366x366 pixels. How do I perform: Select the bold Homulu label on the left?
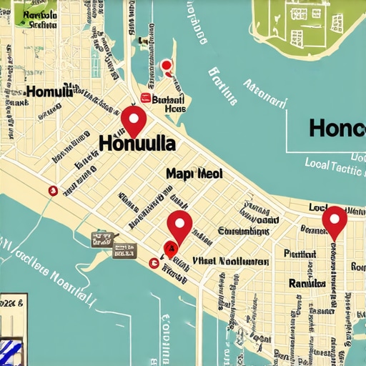(49, 91)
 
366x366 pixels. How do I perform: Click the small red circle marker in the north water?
(167, 66)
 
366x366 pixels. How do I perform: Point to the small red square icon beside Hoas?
(146, 99)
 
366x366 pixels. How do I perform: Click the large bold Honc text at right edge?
(337, 128)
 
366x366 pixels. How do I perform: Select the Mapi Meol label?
(194, 174)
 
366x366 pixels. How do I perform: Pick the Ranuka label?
(308, 283)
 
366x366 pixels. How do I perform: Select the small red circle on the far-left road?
(51, 190)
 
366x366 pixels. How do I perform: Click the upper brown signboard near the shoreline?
(102, 239)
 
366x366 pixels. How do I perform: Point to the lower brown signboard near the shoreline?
(124, 250)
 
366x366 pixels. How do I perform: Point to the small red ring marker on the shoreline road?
(153, 263)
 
